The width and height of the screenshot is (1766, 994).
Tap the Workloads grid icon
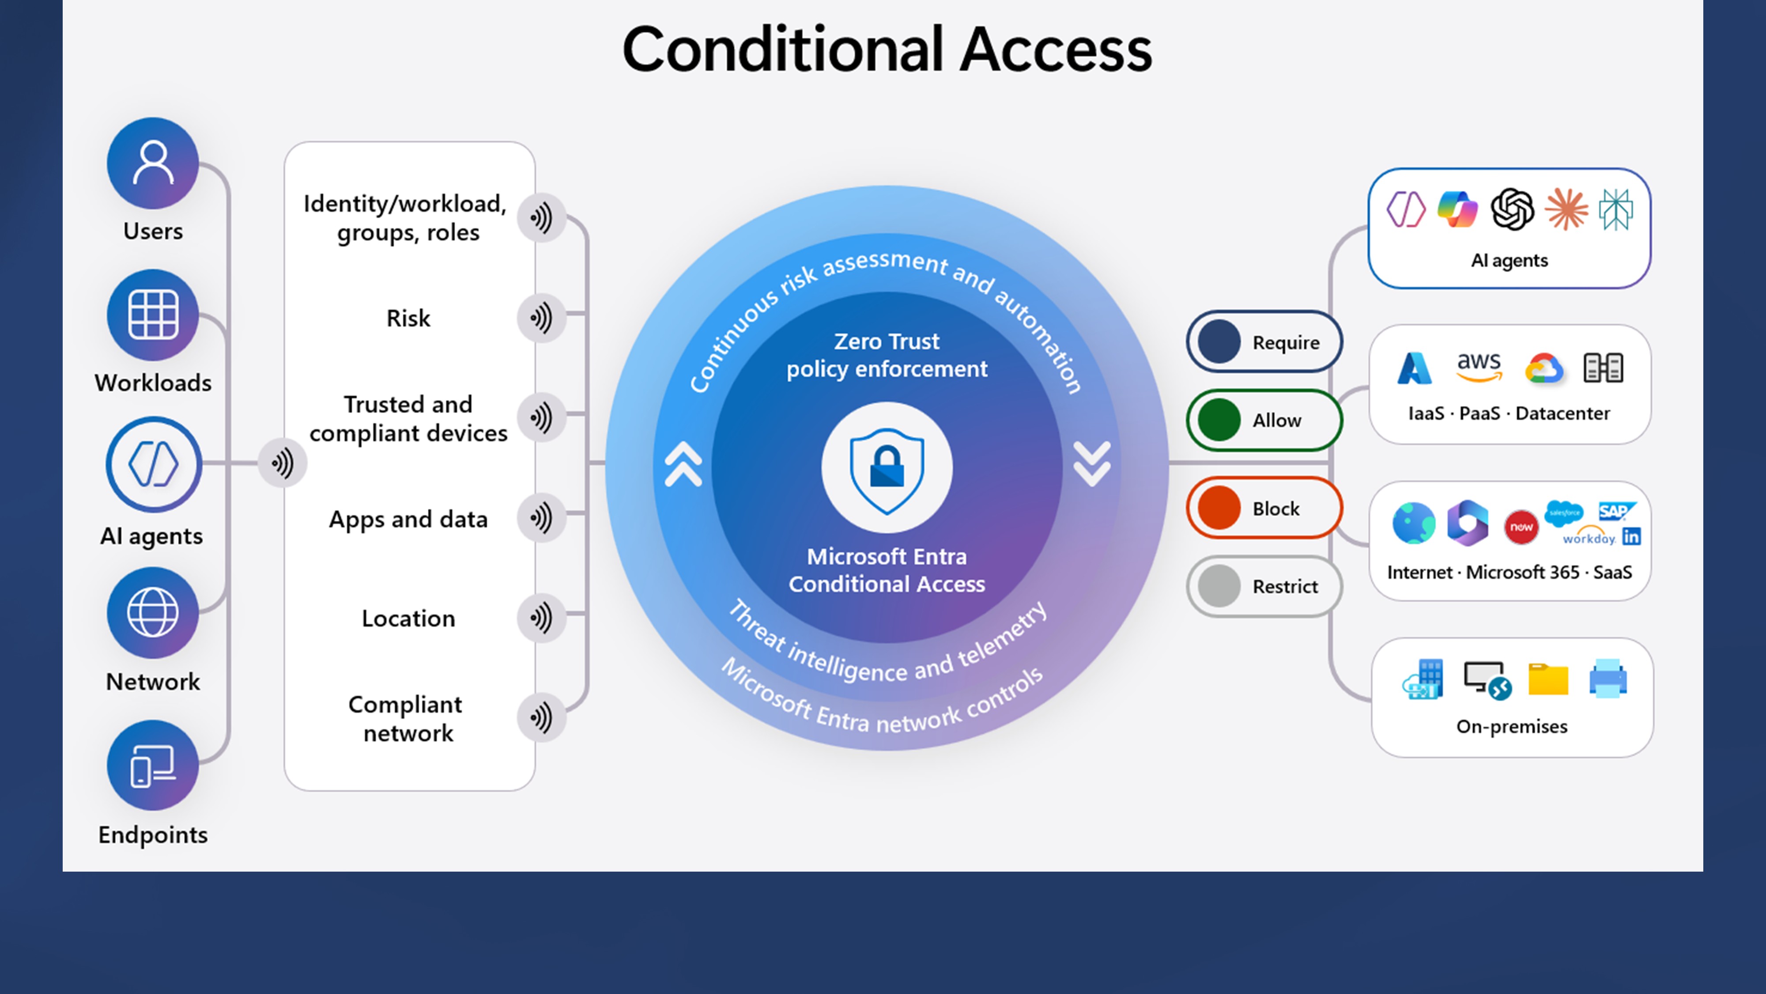[x=153, y=315]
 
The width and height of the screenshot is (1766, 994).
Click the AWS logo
[x=1479, y=366]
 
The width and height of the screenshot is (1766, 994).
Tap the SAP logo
[x=1616, y=511]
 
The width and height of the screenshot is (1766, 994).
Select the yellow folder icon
[x=1548, y=679]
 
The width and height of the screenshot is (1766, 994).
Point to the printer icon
[x=1608, y=679]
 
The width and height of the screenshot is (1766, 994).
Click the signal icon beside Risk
[x=541, y=318]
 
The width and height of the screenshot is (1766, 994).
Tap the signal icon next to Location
[x=541, y=618]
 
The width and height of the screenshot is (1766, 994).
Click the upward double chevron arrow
[x=683, y=464]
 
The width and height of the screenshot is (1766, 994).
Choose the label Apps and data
[x=408, y=519]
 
